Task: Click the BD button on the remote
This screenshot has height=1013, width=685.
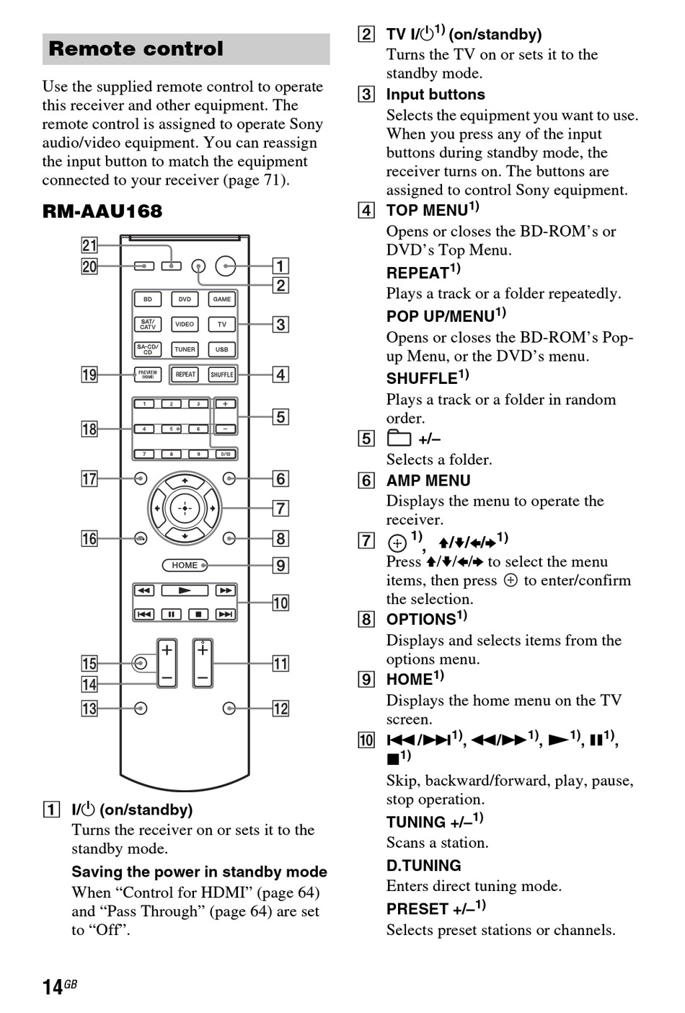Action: pos(148,299)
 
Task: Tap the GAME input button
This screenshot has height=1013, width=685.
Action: pos(221,299)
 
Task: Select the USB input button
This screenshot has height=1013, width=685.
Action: pos(221,349)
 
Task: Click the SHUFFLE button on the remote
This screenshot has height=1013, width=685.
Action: pos(221,374)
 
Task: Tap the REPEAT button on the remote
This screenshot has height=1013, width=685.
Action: pos(185,374)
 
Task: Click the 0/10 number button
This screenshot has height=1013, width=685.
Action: pos(225,454)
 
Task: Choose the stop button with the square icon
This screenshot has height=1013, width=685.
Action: pos(198,614)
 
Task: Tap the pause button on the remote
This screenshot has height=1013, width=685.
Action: pos(172,614)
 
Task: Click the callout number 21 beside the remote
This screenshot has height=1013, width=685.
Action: pos(89,246)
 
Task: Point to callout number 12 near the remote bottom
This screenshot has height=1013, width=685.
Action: pos(280,709)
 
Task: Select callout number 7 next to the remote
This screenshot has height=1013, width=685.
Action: pos(280,509)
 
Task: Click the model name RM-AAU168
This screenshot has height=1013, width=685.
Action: pos(102,211)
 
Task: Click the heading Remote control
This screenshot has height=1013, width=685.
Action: pos(136,49)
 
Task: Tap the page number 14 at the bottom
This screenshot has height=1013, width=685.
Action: pos(53,987)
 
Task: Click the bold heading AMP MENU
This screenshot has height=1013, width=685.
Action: pos(428,481)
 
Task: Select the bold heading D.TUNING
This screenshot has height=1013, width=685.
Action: pos(423,866)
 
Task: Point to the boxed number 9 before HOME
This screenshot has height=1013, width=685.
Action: pos(367,680)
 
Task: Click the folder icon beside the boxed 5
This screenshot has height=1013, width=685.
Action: pos(399,439)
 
